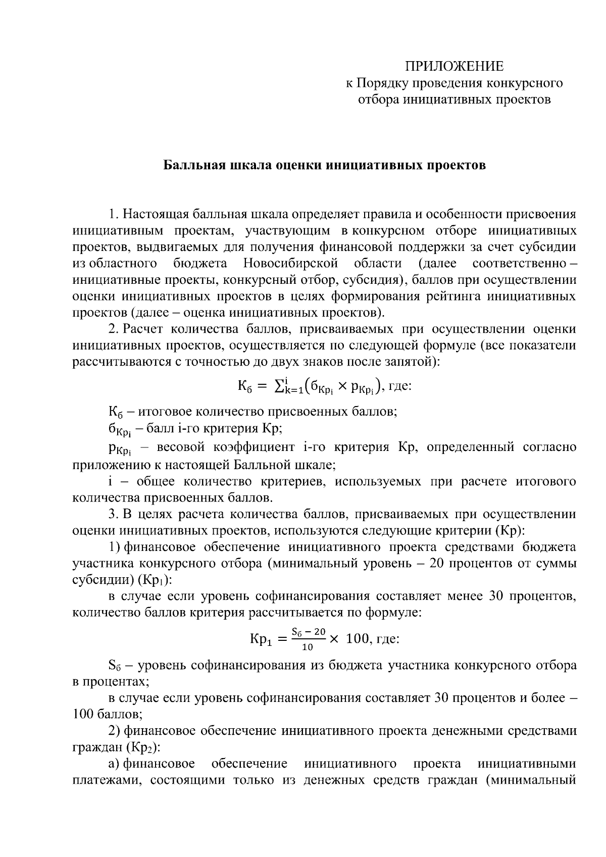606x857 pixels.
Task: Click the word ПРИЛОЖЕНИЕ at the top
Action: click(x=454, y=66)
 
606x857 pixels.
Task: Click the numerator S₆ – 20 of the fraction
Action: click(x=308, y=632)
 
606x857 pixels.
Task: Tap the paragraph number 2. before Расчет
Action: click(x=114, y=329)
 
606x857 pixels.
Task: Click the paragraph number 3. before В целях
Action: click(x=114, y=514)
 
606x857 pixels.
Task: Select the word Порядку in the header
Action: click(x=383, y=83)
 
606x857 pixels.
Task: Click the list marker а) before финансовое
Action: click(x=115, y=764)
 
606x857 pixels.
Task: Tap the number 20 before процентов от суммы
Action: click(x=436, y=564)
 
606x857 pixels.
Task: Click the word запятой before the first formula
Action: click(x=411, y=362)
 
